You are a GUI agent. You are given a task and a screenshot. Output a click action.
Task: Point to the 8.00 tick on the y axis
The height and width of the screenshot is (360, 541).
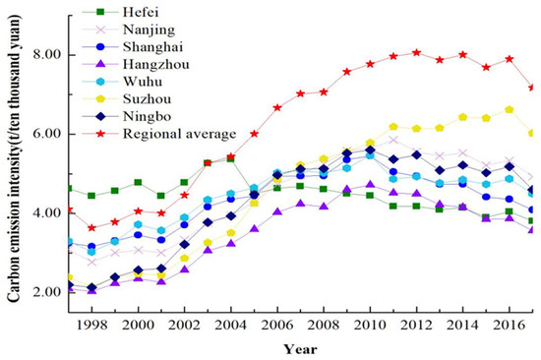pos(43,56)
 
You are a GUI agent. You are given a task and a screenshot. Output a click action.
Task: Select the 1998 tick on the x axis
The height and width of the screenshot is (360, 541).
pos(91,322)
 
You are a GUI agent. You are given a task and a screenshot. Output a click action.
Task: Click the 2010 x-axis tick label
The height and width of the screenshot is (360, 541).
pos(369,322)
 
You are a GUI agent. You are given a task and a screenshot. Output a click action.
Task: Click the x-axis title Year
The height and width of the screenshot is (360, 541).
pos(299,346)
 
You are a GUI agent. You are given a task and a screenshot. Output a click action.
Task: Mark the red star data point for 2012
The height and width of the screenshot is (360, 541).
pos(416,52)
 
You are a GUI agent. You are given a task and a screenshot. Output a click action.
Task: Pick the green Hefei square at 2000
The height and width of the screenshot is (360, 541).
pos(138,183)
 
